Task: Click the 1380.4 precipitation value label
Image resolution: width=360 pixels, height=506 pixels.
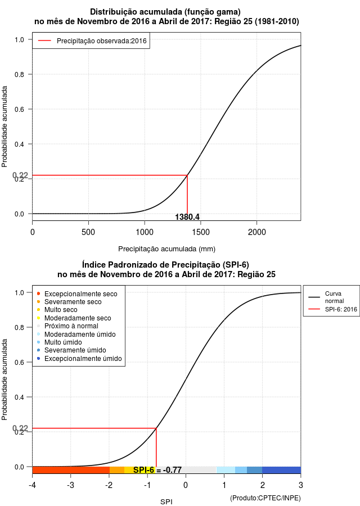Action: click(x=187, y=217)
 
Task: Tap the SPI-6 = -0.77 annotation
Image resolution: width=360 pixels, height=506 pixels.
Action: click(x=157, y=470)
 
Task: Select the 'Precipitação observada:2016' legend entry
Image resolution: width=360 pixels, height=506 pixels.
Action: click(x=92, y=41)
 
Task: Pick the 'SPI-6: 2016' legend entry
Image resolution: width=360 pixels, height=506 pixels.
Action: click(x=332, y=309)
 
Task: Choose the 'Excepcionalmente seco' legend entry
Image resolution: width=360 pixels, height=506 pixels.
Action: click(x=77, y=294)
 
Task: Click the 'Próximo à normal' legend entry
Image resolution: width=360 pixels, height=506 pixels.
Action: click(x=67, y=326)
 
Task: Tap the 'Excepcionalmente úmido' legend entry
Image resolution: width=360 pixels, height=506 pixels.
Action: click(x=79, y=359)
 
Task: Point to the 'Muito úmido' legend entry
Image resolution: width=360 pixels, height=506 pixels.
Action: click(x=60, y=342)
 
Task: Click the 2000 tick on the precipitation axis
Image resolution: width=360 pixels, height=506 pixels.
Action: click(x=256, y=232)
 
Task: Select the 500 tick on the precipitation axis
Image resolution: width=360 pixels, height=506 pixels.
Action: click(x=88, y=232)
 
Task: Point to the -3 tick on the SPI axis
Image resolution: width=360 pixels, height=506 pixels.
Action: click(x=71, y=485)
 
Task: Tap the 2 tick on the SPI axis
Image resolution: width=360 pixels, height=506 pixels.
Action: click(x=263, y=485)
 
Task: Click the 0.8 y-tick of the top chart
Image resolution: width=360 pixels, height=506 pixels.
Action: click(x=19, y=75)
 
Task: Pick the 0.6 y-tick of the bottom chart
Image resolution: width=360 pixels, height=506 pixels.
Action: click(x=19, y=363)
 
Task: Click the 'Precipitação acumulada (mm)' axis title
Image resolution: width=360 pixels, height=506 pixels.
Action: click(x=166, y=249)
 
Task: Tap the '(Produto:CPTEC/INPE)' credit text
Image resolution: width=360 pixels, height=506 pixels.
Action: click(x=265, y=498)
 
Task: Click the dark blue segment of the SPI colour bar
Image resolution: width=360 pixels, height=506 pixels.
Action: click(x=281, y=470)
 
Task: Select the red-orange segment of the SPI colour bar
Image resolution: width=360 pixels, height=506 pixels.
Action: click(x=71, y=470)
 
